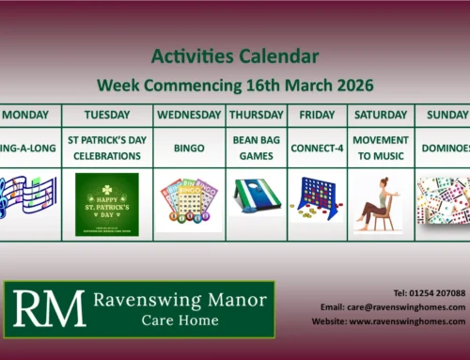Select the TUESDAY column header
[x=107, y=115]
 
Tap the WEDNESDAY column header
[x=189, y=115]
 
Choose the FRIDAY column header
[x=316, y=115]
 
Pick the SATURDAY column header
[x=381, y=115]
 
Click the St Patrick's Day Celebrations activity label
[x=107, y=148]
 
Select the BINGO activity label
[x=189, y=149]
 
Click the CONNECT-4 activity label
[x=316, y=149]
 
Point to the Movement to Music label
[x=381, y=148]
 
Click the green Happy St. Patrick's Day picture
[x=107, y=204]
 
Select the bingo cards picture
[x=189, y=204]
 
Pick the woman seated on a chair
[x=379, y=204]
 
